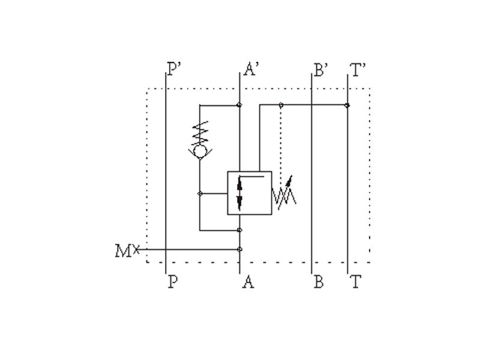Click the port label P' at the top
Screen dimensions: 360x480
tap(175, 70)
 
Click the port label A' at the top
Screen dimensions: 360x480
tap(251, 70)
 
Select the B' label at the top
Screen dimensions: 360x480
tap(321, 70)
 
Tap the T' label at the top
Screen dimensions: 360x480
tap(359, 70)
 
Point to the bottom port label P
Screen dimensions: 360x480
tap(172, 282)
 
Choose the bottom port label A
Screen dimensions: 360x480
tap(248, 282)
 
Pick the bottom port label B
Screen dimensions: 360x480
tap(319, 282)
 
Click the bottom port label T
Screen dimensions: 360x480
tap(356, 282)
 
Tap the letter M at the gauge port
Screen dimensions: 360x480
tap(122, 250)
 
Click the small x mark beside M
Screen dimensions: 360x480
tap(136, 248)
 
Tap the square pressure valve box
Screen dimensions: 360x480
tap(249, 193)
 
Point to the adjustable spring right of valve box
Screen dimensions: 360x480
tap(284, 193)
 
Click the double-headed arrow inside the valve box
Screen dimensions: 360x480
tap(240, 193)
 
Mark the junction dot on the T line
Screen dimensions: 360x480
tap(348, 106)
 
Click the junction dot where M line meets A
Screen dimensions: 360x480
tap(239, 249)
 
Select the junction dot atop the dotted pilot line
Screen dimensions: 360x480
tap(281, 106)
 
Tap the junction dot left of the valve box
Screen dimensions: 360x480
tap(200, 193)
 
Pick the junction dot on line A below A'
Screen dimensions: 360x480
tap(239, 105)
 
